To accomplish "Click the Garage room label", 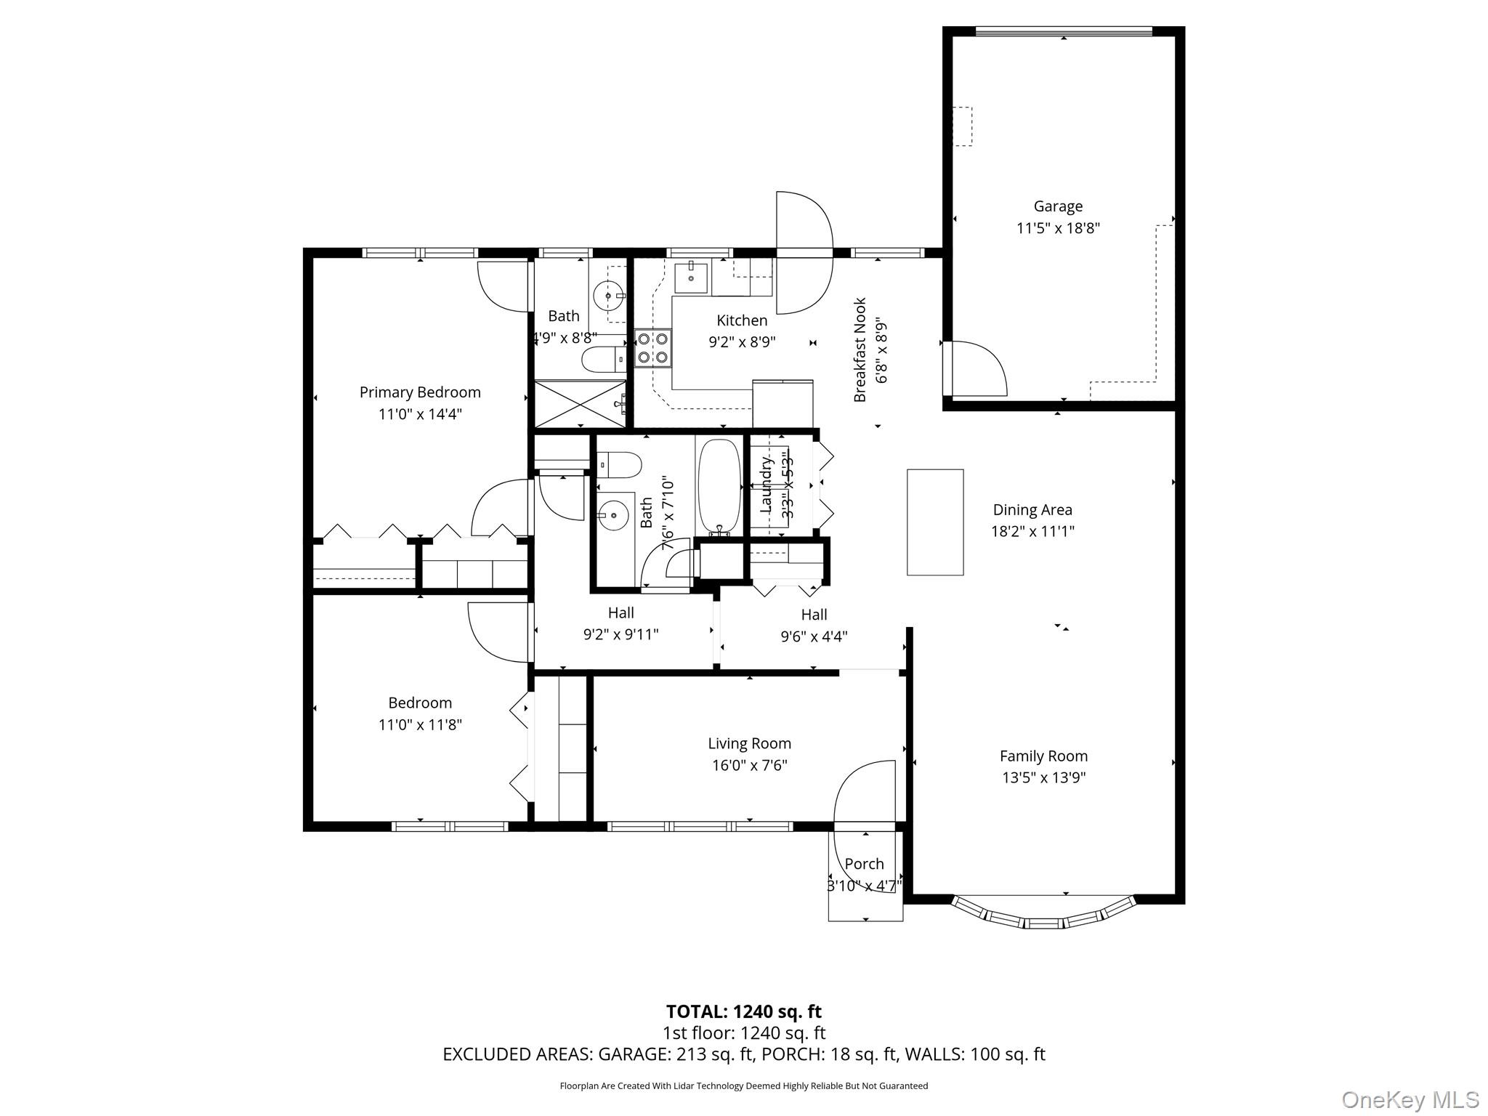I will pos(1058,206).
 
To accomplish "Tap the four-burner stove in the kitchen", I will pos(652,347).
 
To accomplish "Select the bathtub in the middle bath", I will pos(719,486).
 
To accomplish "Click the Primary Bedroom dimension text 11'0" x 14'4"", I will pos(420,414).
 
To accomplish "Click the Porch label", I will pos(864,864).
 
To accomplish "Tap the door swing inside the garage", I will pos(977,369).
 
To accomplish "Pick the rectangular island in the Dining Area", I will pos(935,522).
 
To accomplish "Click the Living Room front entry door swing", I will pos(865,796).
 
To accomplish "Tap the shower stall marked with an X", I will pos(580,404).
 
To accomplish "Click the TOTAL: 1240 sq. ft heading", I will pos(743,1011).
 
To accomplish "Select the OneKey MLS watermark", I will pos(1410,1099).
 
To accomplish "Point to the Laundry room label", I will pos(766,485).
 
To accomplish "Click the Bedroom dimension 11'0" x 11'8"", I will pos(420,724).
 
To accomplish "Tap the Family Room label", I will pos(1043,756).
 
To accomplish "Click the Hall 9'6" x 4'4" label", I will pos(814,625).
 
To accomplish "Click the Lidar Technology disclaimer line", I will pos(743,1085).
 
